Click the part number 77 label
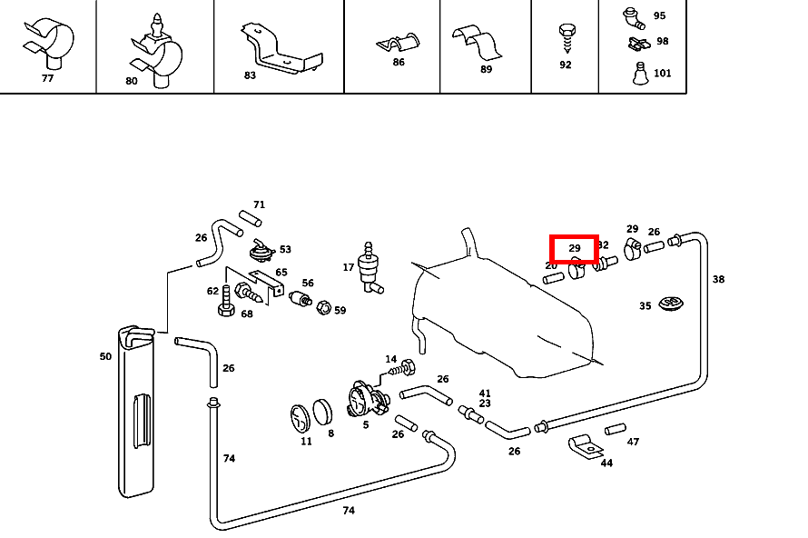click(x=47, y=78)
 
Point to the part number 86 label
click(x=399, y=62)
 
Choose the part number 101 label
click(x=663, y=73)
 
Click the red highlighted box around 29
click(x=575, y=248)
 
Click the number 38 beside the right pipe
click(x=718, y=279)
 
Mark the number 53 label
click(x=285, y=249)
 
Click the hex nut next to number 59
click(x=322, y=309)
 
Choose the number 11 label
click(x=306, y=442)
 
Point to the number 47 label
click(x=633, y=442)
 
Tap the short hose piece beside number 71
click(x=250, y=218)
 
